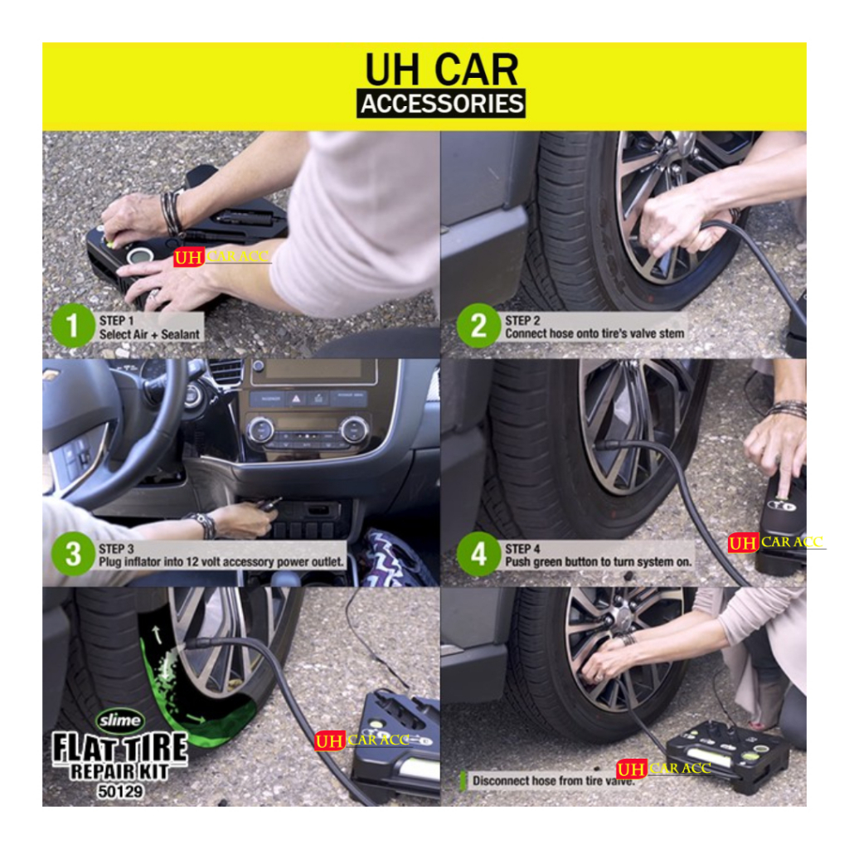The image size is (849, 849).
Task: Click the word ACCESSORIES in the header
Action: click(442, 104)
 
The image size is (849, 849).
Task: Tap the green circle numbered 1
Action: click(73, 325)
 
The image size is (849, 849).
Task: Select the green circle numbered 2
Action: click(478, 325)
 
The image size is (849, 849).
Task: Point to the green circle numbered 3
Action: click(73, 554)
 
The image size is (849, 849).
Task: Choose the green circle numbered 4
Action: click(478, 554)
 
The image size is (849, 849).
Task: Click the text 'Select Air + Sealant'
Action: click(149, 335)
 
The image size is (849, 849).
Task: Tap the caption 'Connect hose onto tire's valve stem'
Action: click(594, 333)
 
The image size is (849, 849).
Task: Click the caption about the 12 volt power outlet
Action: click(221, 562)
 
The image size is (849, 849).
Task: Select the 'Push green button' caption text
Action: click(599, 562)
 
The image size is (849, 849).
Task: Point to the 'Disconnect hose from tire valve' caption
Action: click(553, 781)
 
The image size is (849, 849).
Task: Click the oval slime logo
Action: click(119, 720)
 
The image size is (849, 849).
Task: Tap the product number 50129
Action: click(120, 792)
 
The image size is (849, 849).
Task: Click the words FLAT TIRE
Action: click(119, 749)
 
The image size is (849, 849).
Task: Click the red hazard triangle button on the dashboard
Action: click(296, 400)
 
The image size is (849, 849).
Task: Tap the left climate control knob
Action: click(260, 430)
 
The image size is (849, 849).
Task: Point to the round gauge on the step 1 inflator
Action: click(139, 255)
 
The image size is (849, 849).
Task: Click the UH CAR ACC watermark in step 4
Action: click(775, 542)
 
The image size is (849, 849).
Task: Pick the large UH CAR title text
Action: click(442, 70)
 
